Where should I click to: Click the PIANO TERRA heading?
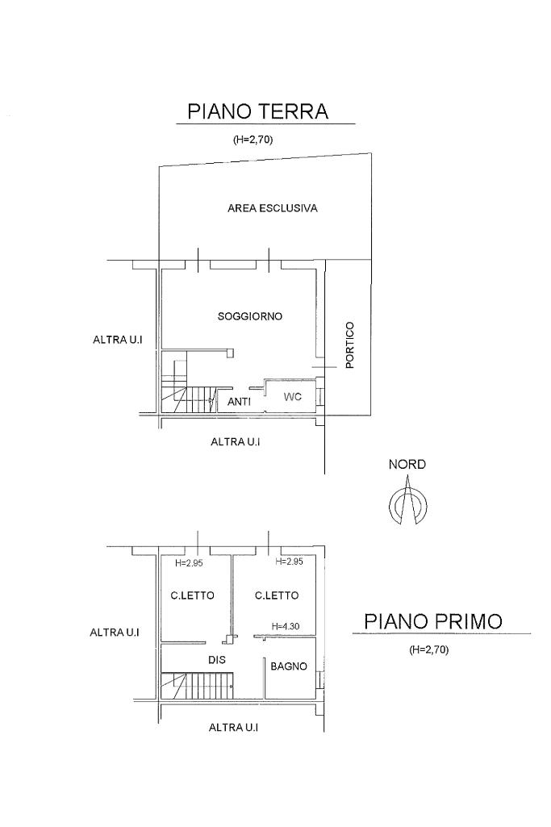pyautogui.click(x=258, y=111)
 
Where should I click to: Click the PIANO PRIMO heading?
pyautogui.click(x=433, y=621)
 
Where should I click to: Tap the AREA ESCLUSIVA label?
pyautogui.click(x=272, y=208)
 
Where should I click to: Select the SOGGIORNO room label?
pyautogui.click(x=250, y=316)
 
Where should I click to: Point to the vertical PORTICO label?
pyautogui.click(x=349, y=345)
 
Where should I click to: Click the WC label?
pyautogui.click(x=291, y=397)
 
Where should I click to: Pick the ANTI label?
pyautogui.click(x=240, y=401)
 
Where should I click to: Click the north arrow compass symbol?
pyautogui.click(x=407, y=504)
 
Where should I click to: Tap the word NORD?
pyautogui.click(x=407, y=465)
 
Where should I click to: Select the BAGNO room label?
pyautogui.click(x=289, y=666)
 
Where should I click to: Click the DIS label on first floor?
pyautogui.click(x=216, y=659)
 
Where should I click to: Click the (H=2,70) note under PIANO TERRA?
pyautogui.click(x=253, y=140)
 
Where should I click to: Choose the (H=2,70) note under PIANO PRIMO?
pyautogui.click(x=428, y=649)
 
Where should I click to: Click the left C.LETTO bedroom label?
pyautogui.click(x=192, y=595)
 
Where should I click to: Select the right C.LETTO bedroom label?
pyautogui.click(x=277, y=595)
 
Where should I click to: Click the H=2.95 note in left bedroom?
pyautogui.click(x=190, y=563)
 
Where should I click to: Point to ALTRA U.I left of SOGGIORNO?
pyautogui.click(x=118, y=340)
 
